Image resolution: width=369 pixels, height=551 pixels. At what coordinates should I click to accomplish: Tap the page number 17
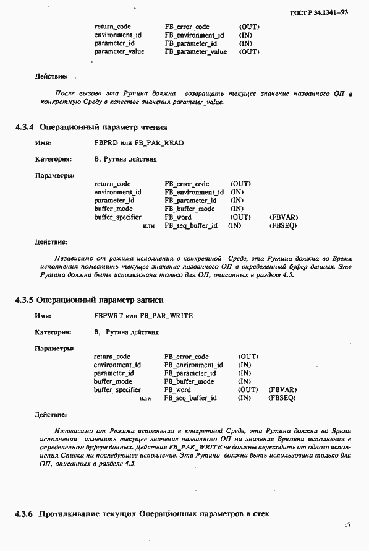[x=348, y=524]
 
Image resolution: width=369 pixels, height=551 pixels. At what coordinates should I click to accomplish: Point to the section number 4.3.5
[x=25, y=300]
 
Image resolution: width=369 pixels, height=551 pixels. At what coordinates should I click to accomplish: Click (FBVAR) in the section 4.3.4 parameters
[x=282, y=217]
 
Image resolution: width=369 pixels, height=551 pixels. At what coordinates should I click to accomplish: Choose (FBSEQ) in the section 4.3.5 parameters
[x=282, y=397]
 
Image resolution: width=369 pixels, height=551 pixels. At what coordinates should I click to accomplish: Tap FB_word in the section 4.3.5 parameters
[x=177, y=389]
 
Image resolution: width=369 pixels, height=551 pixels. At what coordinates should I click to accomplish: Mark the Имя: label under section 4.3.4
[x=43, y=143]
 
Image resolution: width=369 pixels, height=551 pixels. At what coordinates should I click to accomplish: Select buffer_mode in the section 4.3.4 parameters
[x=111, y=209]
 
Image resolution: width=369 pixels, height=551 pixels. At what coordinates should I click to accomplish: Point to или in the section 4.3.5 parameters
[x=145, y=398]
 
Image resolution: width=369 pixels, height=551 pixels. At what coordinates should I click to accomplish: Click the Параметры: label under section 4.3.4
[x=54, y=175]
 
